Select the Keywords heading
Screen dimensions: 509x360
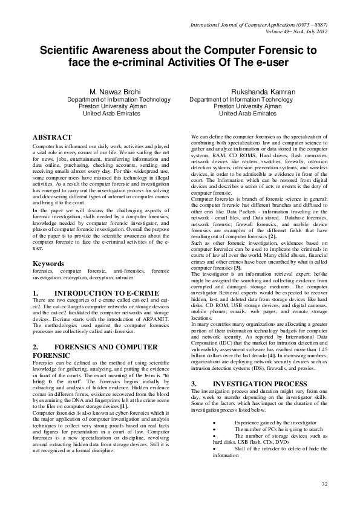pyautogui.click(x=48, y=264)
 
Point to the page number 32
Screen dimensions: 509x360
pyautogui.click(x=324, y=484)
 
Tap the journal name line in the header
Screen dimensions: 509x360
pyautogui.click(x=259, y=25)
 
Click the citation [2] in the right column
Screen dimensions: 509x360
pyautogui.click(x=273, y=236)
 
